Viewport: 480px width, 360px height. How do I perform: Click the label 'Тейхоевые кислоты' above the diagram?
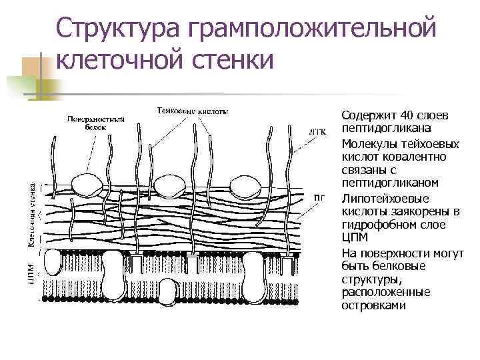point(193,111)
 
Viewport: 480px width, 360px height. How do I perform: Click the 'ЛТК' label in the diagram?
point(319,131)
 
